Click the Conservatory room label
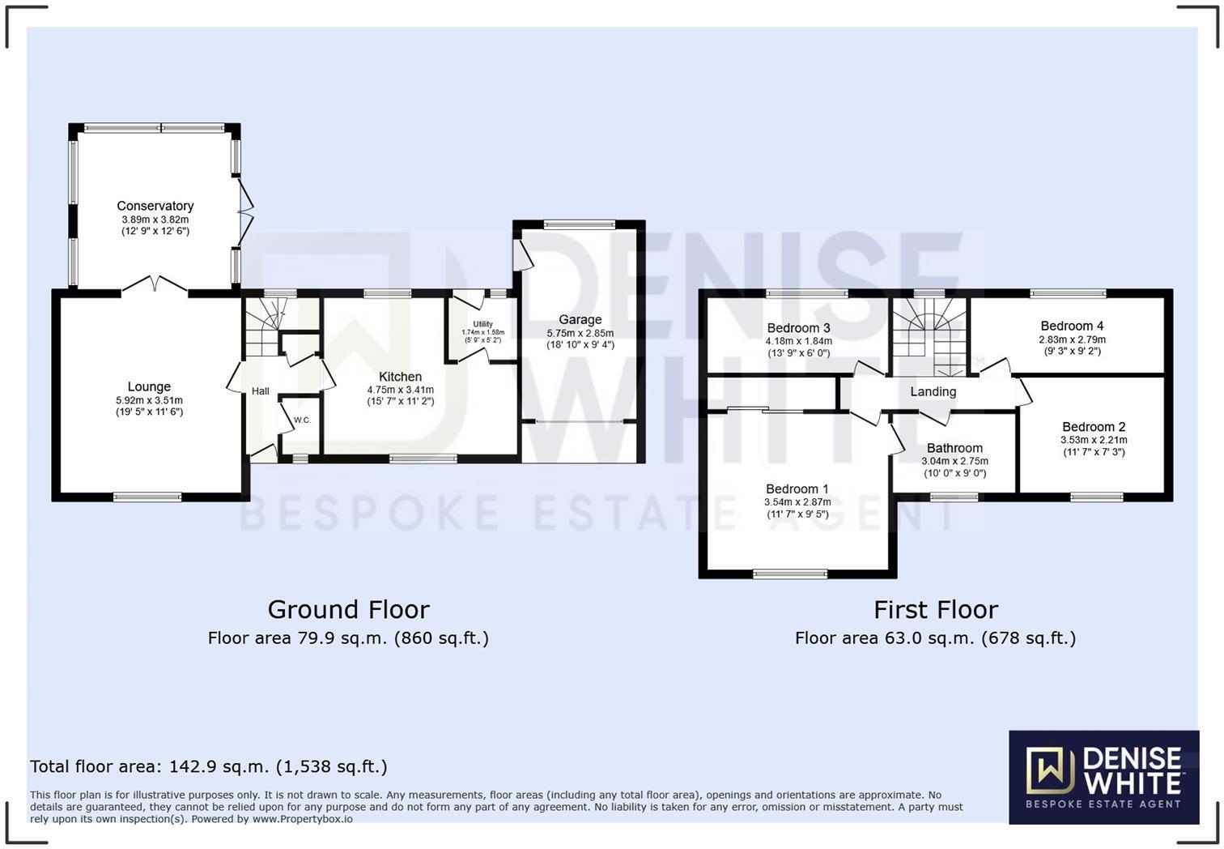pos(155,206)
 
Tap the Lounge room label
pos(149,386)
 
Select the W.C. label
pos(302,420)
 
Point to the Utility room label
pos(482,324)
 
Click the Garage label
pos(580,319)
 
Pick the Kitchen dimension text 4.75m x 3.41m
pos(401,390)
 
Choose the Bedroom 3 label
pos(798,328)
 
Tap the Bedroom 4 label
pos(1072,326)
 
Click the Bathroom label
pos(954,448)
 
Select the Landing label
pos(933,391)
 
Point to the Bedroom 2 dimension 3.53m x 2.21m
pos(1094,440)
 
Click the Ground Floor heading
pos(348,609)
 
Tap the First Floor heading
pos(935,609)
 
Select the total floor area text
pos(209,766)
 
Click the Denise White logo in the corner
pos(1103,777)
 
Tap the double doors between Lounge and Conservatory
pos(155,284)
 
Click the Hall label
pos(260,391)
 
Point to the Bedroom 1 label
pos(797,488)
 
